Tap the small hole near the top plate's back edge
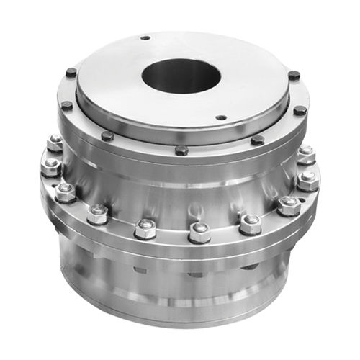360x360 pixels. click(x=145, y=37)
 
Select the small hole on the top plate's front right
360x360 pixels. click(x=221, y=117)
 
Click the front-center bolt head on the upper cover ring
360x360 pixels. click(x=181, y=150)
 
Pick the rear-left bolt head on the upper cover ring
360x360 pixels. click(x=71, y=73)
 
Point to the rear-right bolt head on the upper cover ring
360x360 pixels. click(x=294, y=75)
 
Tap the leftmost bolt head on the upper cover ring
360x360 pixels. click(x=66, y=106)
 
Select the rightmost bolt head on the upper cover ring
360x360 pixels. click(x=300, y=110)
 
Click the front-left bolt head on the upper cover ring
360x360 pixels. click(x=107, y=135)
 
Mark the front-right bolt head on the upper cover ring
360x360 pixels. click(x=258, y=140)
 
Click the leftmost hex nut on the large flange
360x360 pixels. click(x=50, y=167)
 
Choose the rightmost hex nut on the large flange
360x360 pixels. click(x=309, y=179)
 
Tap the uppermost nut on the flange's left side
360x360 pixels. click(x=55, y=143)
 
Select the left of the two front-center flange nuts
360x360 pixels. click(x=145, y=228)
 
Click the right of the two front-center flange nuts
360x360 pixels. click(x=199, y=231)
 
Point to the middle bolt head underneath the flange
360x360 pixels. click(x=196, y=273)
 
